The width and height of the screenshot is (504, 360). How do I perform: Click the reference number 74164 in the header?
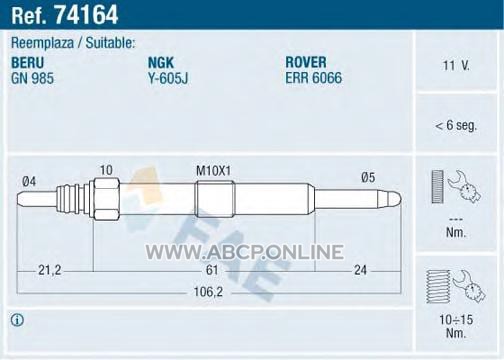click(86, 15)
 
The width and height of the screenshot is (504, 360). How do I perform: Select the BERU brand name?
click(28, 63)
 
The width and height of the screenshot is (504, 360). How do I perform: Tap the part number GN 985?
click(32, 78)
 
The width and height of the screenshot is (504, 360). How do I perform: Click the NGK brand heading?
click(161, 63)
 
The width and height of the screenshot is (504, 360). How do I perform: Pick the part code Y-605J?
click(168, 78)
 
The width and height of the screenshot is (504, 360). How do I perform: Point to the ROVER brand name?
click(306, 62)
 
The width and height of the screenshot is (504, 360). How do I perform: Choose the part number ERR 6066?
click(314, 78)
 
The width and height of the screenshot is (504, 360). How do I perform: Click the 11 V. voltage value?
click(456, 65)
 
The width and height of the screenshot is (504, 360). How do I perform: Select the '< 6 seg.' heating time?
click(456, 125)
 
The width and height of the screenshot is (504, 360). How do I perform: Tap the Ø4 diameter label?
click(29, 182)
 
